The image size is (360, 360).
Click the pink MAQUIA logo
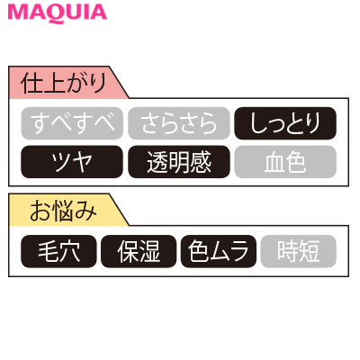(x=58, y=13)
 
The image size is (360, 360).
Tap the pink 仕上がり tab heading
(x=64, y=83)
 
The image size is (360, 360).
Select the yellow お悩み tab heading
(x=64, y=210)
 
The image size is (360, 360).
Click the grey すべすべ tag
(x=72, y=123)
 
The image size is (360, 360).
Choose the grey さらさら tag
(x=179, y=123)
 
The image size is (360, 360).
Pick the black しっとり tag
(x=285, y=123)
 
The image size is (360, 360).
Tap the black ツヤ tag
(x=72, y=162)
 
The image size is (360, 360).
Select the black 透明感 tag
(x=179, y=162)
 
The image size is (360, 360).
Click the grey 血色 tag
(x=285, y=162)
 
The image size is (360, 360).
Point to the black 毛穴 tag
(x=58, y=251)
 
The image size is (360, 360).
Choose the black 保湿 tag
(x=139, y=251)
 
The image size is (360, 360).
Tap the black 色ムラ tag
(x=219, y=251)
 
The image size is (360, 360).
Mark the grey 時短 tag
(x=299, y=251)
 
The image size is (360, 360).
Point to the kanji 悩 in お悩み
(x=64, y=211)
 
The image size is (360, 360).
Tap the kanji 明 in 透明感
(x=179, y=162)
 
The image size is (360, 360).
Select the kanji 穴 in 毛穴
(x=69, y=251)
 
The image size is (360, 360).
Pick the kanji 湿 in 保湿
(x=149, y=251)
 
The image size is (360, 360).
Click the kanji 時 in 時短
(x=288, y=251)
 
